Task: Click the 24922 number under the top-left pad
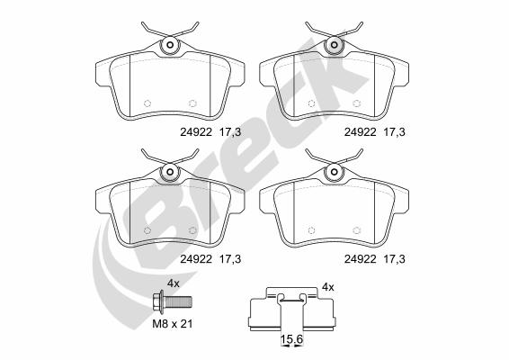pyautogui.click(x=196, y=132)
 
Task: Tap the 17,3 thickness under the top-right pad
pyautogui.click(x=395, y=132)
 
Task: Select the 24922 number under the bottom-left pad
pyautogui.click(x=196, y=259)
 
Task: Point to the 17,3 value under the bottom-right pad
pyautogui.click(x=395, y=259)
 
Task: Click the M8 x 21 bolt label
pyautogui.click(x=173, y=324)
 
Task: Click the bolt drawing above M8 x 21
pyautogui.click(x=173, y=301)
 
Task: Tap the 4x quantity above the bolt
pyautogui.click(x=173, y=283)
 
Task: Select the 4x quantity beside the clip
pyautogui.click(x=328, y=287)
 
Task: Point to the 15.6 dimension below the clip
pyautogui.click(x=291, y=339)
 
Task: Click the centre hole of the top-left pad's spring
pyautogui.click(x=171, y=45)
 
